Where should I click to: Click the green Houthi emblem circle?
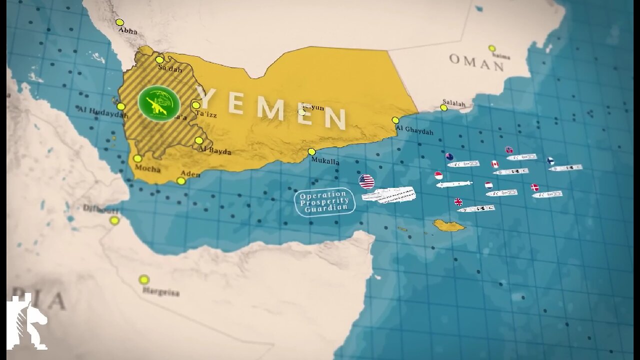159,103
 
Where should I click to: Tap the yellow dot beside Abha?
119,22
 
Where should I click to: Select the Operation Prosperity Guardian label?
325,201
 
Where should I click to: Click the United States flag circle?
366,181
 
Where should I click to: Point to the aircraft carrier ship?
389,195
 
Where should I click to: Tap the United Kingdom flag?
458,202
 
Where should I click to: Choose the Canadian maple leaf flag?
494,164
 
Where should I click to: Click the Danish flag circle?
535,187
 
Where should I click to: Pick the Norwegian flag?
509,150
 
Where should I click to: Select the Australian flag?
449,156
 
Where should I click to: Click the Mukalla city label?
325,161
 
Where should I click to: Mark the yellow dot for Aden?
181,181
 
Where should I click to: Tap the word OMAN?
476,62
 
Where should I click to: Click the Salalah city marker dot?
443,107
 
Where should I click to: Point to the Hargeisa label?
160,292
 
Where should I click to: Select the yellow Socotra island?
448,225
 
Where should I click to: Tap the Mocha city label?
147,169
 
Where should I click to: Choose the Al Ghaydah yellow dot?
395,120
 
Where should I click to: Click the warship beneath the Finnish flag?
565,168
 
